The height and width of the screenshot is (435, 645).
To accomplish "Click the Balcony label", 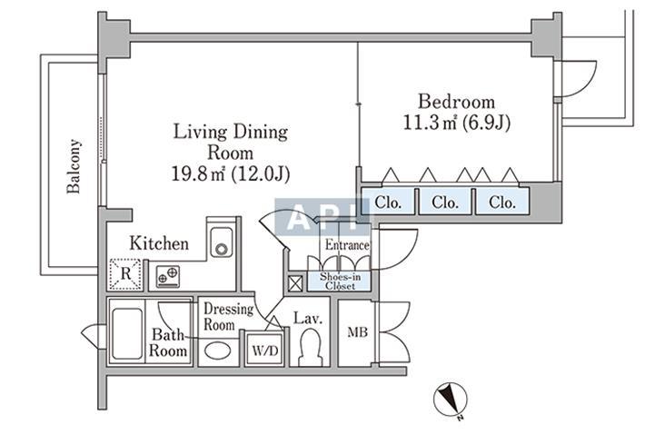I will (75, 165).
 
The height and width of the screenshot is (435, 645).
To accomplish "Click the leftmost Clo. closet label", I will (388, 203).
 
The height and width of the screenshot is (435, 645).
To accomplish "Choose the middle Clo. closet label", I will (444, 203).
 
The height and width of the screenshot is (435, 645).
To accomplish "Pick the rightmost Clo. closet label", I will (501, 203).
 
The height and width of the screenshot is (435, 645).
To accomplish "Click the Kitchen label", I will (159, 243).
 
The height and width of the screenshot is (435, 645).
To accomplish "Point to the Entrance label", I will (347, 244).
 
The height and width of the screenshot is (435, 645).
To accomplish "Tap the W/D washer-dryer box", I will (264, 348).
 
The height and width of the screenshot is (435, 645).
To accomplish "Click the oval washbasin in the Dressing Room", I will (217, 350).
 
